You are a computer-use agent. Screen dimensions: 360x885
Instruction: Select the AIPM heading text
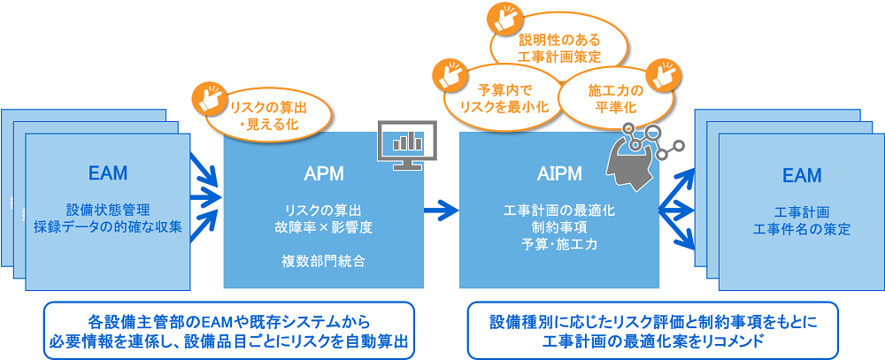[558, 174]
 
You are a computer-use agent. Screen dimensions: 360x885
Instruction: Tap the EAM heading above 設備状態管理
[108, 171]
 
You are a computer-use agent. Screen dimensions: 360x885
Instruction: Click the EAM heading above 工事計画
[801, 175]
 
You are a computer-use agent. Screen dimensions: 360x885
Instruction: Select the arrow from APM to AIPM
[441, 210]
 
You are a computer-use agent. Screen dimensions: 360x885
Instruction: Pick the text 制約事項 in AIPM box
[558, 226]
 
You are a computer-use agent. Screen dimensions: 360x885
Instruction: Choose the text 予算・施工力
[558, 243]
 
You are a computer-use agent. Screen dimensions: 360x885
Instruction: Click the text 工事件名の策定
[801, 229]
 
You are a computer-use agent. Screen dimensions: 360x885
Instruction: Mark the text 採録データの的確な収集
[108, 226]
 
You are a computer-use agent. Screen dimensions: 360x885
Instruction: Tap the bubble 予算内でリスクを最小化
[501, 97]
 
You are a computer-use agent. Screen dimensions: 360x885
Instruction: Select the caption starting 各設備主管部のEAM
[229, 331]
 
